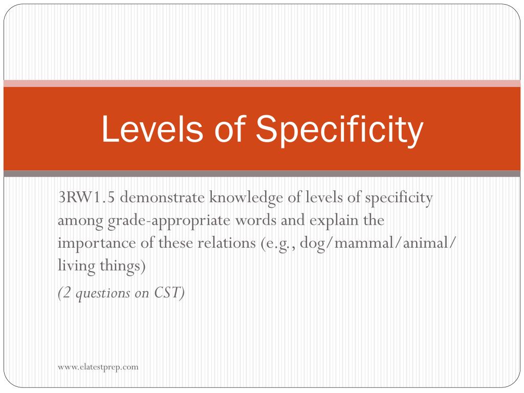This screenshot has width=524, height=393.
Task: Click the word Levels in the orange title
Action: pyautogui.click(x=152, y=129)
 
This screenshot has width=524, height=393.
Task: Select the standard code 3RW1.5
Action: pyautogui.click(x=86, y=197)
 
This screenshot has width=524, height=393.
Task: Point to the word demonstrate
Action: pyautogui.click(x=162, y=197)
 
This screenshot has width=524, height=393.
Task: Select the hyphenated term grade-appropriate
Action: pyautogui.click(x=169, y=221)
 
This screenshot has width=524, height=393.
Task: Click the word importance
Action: pyautogui.click(x=97, y=244)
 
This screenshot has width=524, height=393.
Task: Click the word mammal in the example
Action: pyautogui.click(x=364, y=243)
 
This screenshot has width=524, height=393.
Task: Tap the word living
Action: pyautogui.click(x=77, y=266)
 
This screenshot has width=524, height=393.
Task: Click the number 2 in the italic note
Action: pyautogui.click(x=67, y=293)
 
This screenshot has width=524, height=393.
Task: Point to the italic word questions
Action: pyautogui.click(x=103, y=294)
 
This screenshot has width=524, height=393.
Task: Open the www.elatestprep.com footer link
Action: pyautogui.click(x=98, y=367)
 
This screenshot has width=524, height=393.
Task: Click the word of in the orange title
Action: pyautogui.click(x=230, y=129)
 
